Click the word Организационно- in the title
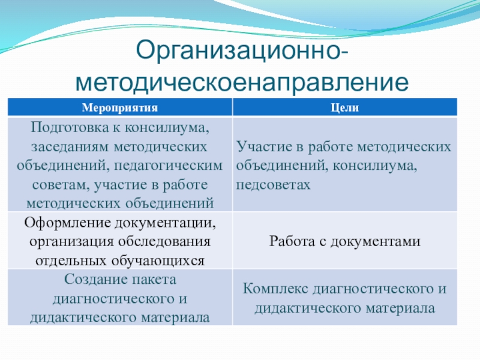[x=242, y=51]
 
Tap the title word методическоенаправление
[x=242, y=82]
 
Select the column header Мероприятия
[x=119, y=108]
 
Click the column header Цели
[x=344, y=108]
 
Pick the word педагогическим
[x=169, y=166]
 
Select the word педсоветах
[x=273, y=185]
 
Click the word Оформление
[x=67, y=223]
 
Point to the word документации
[x=166, y=223]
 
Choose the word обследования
[x=164, y=242]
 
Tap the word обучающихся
[x=158, y=261]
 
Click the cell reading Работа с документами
[x=344, y=242]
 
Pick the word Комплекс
[x=275, y=289]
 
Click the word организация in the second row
[x=71, y=242]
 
